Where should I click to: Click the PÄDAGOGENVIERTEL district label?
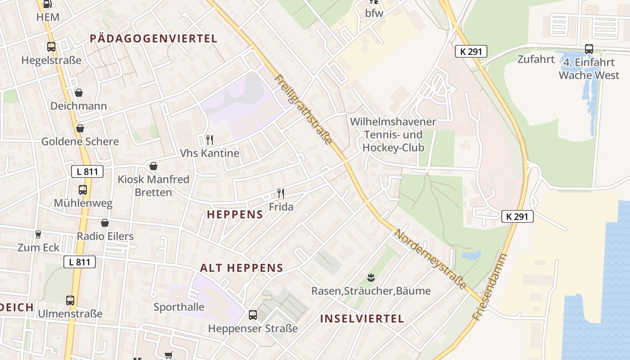click(153, 39)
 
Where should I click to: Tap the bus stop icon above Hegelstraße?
click(51, 46)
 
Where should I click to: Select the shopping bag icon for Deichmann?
click(79, 93)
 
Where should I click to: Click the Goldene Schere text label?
click(80, 141)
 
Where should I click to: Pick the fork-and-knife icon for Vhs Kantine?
click(209, 139)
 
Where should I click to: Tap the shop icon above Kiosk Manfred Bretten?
click(153, 166)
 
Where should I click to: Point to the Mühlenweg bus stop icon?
click(83, 190)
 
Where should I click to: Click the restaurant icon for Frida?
click(281, 193)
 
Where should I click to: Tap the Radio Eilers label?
click(105, 236)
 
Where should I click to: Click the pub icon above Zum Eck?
click(38, 234)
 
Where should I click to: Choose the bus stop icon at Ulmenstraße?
click(70, 300)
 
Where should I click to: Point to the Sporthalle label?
click(179, 307)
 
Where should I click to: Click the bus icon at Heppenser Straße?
click(253, 315)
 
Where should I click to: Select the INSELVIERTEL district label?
click(362, 319)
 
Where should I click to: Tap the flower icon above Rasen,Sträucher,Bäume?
click(371, 277)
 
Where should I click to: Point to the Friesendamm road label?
click(490, 287)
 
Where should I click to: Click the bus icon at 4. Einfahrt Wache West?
click(589, 49)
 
